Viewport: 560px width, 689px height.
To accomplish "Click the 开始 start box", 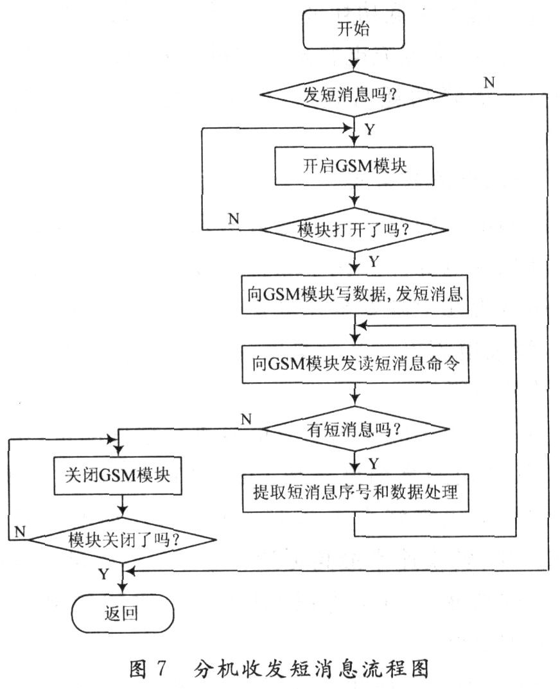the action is (353, 29).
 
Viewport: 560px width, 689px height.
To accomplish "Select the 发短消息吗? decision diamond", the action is (354, 94).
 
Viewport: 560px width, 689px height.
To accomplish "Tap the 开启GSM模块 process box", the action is (354, 166).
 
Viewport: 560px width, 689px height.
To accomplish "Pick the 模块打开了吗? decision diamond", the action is (354, 229).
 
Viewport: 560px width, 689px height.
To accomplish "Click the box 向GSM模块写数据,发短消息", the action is (354, 294).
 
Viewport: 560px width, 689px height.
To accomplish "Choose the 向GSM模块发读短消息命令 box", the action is (355, 364).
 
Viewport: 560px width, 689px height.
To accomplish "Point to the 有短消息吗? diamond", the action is (354, 428).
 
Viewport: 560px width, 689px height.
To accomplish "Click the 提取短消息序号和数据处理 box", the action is (355, 493).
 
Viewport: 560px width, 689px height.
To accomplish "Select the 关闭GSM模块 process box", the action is (118, 475).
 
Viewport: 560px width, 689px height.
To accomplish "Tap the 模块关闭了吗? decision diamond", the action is (122, 539).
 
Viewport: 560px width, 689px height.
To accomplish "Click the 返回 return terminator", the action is (122, 613).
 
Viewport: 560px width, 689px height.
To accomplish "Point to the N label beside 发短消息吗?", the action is (489, 82).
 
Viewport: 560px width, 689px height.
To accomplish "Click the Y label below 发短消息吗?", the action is (370, 129).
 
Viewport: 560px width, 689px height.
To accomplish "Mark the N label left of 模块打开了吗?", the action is (234, 218).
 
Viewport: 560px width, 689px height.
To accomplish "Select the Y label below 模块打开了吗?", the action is (374, 261).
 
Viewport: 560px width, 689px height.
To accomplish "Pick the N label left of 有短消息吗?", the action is (247, 419).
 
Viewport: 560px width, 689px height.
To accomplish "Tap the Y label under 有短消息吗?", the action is (374, 464).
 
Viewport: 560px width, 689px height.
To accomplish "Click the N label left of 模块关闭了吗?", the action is (20, 532).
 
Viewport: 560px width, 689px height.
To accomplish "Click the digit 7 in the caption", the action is (161, 668).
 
